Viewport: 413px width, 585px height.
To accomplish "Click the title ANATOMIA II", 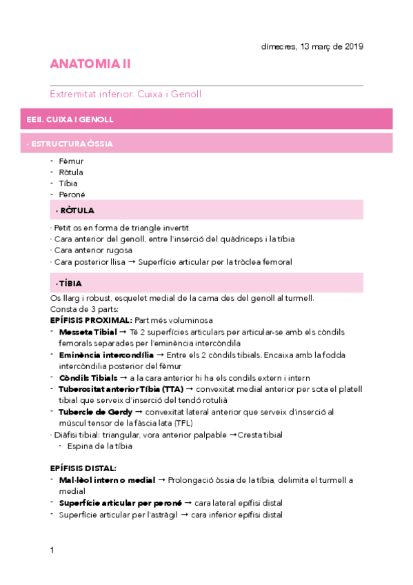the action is tap(90, 64).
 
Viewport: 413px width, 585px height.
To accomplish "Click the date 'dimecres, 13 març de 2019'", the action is tap(312, 47).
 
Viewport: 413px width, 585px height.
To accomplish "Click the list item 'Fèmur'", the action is tap(71, 161).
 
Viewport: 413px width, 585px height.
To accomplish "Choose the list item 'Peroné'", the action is tap(72, 195).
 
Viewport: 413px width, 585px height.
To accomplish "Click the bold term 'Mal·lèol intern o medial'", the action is tap(107, 479).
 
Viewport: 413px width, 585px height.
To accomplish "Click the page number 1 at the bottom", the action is tap(52, 550).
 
